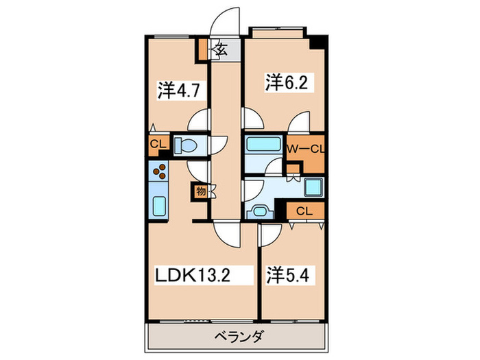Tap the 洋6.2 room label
[x=280, y=83]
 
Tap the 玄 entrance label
[x=222, y=49]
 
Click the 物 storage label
[x=202, y=193]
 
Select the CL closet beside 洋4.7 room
[x=157, y=145]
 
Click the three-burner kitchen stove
[x=160, y=172]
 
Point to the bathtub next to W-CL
[x=263, y=145]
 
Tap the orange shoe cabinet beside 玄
[x=204, y=49]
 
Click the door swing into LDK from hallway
[x=226, y=235]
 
